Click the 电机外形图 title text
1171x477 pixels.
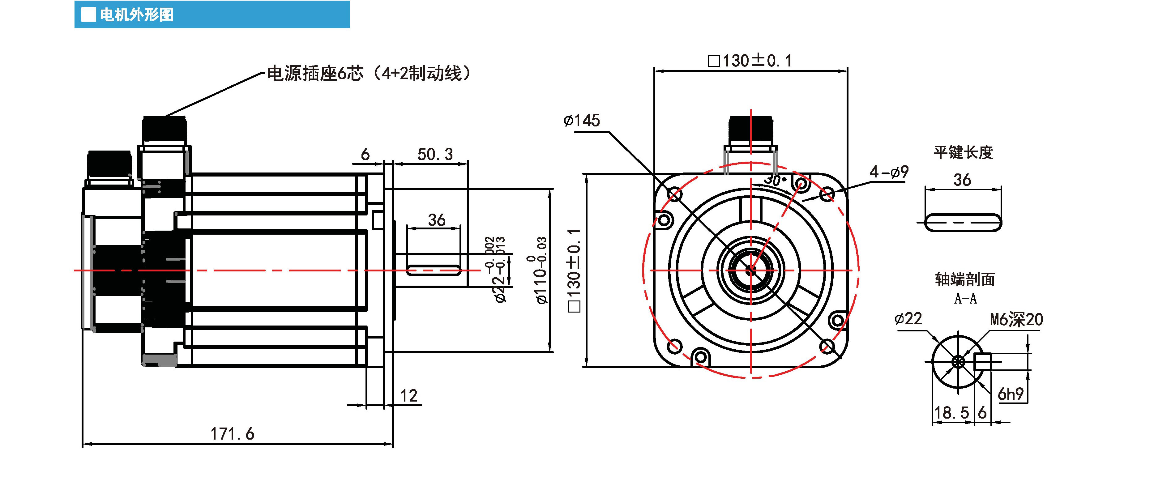pyautogui.click(x=136, y=15)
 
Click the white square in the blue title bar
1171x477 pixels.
pyautogui.click(x=88, y=15)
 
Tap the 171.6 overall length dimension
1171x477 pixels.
pyautogui.click(x=232, y=434)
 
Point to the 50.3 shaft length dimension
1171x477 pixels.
pyautogui.click(x=435, y=155)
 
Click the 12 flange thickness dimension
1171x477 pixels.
pyautogui.click(x=409, y=396)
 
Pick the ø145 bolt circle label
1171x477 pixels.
pyautogui.click(x=581, y=120)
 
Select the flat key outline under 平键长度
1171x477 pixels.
pyautogui.click(x=963, y=223)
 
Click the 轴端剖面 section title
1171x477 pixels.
pyautogui.click(x=965, y=279)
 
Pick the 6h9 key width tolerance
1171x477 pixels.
pyautogui.click(x=1011, y=394)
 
